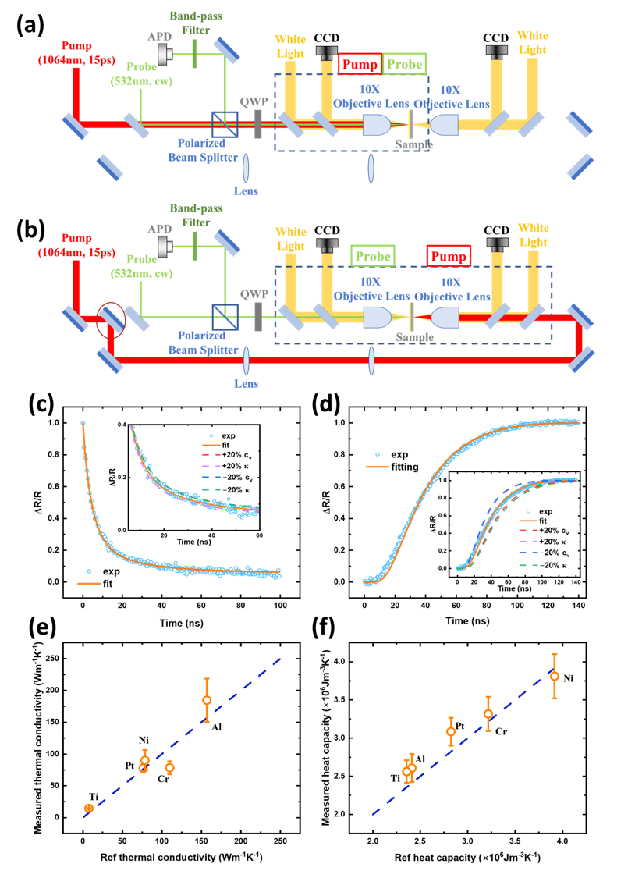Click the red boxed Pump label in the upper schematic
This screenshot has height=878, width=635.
point(359,65)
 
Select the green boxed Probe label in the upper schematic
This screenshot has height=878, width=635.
point(404,64)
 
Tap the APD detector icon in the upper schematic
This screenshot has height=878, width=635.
point(165,53)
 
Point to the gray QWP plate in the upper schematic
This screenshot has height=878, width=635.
point(258,123)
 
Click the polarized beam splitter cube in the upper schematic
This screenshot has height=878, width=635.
point(225,123)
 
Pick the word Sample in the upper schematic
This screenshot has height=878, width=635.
point(413,144)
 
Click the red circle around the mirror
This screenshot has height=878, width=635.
point(111,320)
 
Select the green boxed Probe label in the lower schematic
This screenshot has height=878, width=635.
point(373,256)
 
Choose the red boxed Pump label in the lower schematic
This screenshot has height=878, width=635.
point(449,256)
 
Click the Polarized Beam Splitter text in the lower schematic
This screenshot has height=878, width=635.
point(203,343)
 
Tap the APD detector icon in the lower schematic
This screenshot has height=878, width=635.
point(165,246)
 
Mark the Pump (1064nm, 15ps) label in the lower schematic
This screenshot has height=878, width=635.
point(76,245)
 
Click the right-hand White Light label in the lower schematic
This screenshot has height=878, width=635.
point(534,235)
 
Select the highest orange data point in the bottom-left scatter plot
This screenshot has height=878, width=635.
point(207,699)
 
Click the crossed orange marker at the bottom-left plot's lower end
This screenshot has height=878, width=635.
point(89,808)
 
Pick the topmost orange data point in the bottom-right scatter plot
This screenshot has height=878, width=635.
point(555,676)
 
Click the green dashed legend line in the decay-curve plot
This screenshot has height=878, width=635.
point(211,490)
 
